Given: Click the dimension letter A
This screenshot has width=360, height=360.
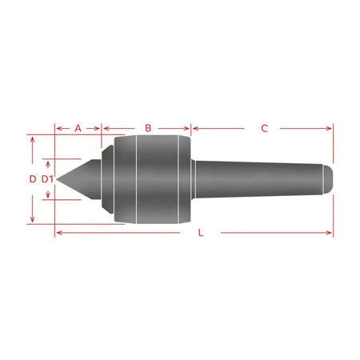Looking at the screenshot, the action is click(78, 128).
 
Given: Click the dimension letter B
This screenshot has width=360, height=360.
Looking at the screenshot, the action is click(148, 128).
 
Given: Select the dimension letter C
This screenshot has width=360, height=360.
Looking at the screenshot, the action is click(264, 128).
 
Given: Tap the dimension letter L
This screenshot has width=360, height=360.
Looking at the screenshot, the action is click(201, 233).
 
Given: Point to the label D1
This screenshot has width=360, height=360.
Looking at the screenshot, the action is click(47, 179).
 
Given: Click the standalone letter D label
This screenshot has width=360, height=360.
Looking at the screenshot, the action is click(33, 179).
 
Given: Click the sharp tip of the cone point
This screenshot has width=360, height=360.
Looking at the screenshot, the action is click(57, 179).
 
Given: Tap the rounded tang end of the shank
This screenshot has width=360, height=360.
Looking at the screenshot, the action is click(328, 179).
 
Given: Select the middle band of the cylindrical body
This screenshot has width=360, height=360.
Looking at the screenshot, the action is click(157, 179).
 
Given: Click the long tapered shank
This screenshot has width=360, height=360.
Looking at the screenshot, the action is click(259, 179).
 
